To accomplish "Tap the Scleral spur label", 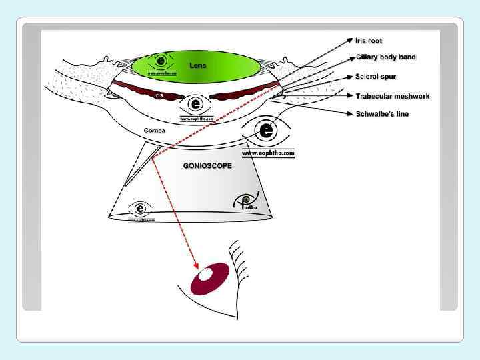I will point(376,77).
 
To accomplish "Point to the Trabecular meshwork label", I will point(393,96).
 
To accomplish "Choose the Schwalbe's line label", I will point(383,114).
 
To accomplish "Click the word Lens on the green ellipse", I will point(198,65).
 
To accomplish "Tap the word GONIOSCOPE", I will point(207,165).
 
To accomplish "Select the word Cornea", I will point(155,131).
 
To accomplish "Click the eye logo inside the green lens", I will point(161,61).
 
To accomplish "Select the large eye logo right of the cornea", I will point(267,129).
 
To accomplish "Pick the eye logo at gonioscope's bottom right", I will point(244,200).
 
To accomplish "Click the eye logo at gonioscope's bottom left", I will point(141,207).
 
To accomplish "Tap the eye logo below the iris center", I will point(195,104).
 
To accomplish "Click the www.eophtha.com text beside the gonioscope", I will point(267,153).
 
